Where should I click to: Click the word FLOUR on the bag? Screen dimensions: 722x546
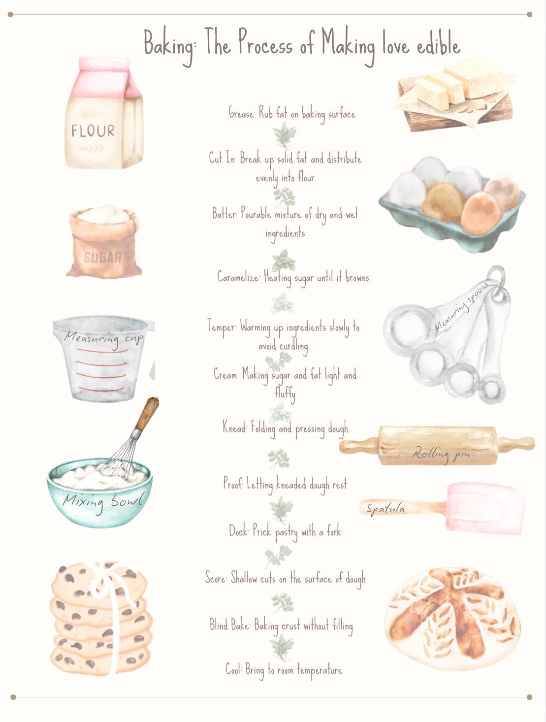pyautogui.click(x=93, y=131)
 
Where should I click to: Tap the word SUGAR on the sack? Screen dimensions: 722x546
pyautogui.click(x=102, y=258)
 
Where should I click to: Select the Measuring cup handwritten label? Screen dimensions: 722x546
pyautogui.click(x=103, y=338)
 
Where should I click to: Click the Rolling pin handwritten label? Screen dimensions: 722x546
pyautogui.click(x=441, y=454)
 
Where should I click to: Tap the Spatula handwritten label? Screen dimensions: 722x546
pyautogui.click(x=385, y=508)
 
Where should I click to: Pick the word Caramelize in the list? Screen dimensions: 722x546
pyautogui.click(x=238, y=277)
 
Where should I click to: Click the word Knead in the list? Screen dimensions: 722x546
pyautogui.click(x=234, y=427)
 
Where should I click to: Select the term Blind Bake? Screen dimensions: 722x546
pyautogui.click(x=229, y=625)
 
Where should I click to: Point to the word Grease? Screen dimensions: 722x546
pyautogui.click(x=241, y=114)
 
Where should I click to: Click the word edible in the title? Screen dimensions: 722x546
pyautogui.click(x=438, y=45)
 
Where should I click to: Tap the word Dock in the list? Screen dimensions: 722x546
pyautogui.click(x=238, y=531)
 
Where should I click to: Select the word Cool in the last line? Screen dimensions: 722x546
pyautogui.click(x=233, y=669)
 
